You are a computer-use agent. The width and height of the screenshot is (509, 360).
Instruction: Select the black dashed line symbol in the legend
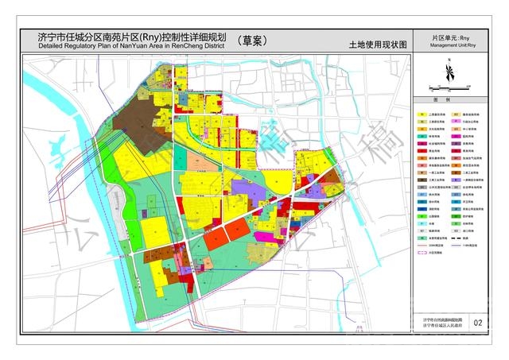pos(457,236)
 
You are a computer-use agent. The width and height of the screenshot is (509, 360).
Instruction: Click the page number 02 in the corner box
pos(477,323)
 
